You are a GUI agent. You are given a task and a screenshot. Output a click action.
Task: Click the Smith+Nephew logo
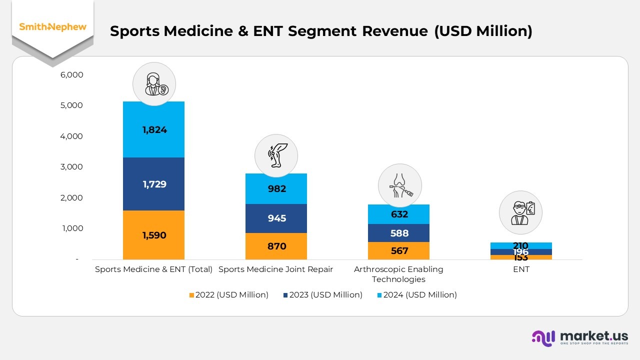(x=52, y=27)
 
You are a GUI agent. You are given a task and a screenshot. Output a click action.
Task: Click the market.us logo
(x=580, y=337)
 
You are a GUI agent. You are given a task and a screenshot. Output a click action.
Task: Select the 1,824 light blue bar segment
(x=153, y=129)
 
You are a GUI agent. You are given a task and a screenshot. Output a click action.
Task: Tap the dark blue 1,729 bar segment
(x=153, y=184)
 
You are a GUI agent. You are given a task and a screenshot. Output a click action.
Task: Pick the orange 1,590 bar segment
(x=153, y=235)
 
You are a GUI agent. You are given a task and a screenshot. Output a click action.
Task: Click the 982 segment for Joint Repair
(x=276, y=188)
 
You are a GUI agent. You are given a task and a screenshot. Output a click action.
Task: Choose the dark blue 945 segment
(x=276, y=218)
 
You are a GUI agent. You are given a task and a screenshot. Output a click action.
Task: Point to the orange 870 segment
(x=276, y=246)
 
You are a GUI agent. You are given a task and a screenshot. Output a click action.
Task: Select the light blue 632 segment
(x=398, y=214)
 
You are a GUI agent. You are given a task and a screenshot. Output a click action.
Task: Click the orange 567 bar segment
(x=398, y=250)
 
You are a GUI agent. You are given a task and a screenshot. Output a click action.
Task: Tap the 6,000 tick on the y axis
(x=71, y=75)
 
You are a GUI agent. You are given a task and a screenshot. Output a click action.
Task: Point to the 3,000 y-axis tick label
(x=71, y=167)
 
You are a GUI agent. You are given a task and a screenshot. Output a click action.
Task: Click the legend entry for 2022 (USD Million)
(x=229, y=295)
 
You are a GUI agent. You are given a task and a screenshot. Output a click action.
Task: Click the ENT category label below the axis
(x=520, y=269)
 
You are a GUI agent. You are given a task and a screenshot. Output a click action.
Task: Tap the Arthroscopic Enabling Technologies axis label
(x=398, y=274)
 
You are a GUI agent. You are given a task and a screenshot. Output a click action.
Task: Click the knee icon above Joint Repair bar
(x=276, y=155)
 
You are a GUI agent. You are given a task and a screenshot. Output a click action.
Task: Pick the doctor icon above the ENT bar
(x=520, y=212)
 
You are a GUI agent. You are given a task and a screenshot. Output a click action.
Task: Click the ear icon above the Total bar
(x=153, y=84)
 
